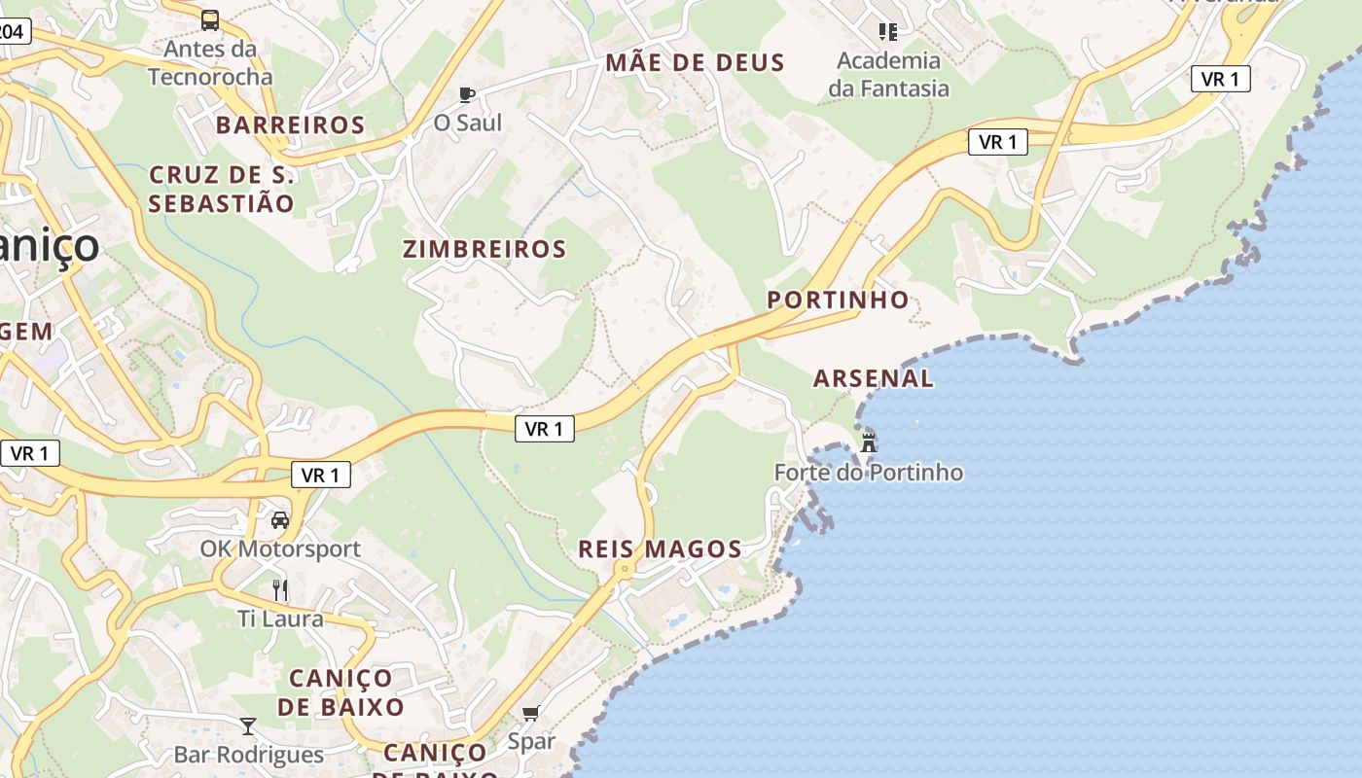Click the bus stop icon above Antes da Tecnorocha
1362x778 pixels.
210,19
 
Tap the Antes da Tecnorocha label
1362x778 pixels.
210,62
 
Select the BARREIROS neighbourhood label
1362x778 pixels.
290,124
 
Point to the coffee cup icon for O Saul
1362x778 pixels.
467,94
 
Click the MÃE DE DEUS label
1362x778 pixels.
695,63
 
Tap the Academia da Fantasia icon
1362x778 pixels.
887,32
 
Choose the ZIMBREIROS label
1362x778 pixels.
484,249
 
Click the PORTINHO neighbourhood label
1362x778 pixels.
838,300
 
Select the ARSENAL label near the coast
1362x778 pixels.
873,378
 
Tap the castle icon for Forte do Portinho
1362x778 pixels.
868,442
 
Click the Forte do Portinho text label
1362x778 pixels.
868,473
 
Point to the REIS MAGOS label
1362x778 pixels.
660,548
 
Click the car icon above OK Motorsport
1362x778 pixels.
280,520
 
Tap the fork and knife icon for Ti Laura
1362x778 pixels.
280,589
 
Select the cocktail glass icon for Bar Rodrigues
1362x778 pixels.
248,726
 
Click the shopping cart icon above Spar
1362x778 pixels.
530,714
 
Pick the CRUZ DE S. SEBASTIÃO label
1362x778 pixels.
221,189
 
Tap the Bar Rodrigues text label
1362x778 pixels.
248,755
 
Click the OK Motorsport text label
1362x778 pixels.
280,548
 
